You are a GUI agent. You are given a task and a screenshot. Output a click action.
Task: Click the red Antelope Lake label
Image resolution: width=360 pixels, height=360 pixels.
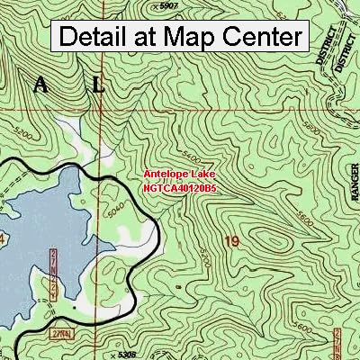point(179,177)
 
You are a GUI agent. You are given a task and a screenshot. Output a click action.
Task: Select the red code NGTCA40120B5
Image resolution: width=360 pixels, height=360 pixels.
point(179,190)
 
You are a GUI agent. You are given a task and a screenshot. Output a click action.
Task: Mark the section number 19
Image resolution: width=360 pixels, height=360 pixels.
point(233,242)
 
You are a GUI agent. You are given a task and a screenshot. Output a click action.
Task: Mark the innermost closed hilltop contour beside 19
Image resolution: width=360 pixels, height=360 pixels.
point(270,243)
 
